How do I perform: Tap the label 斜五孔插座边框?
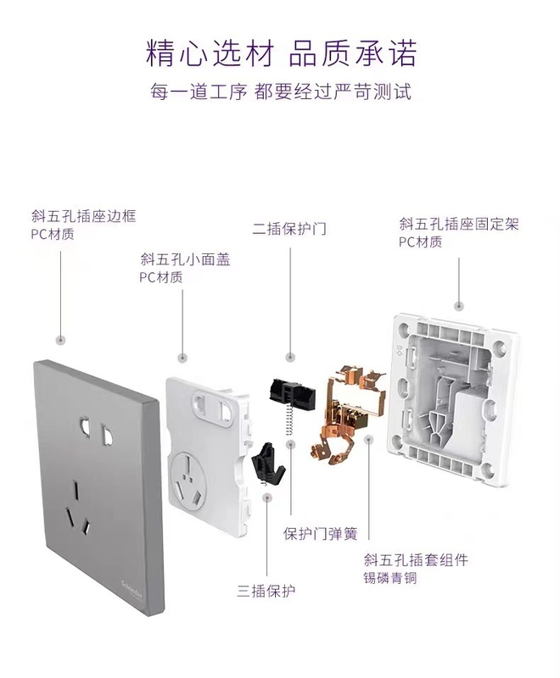[x=82, y=217]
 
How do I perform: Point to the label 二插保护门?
[x=289, y=229]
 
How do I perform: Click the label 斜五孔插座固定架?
[x=459, y=225]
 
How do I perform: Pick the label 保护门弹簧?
[x=320, y=534]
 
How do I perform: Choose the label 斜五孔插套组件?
[x=416, y=560]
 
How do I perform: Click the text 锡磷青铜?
[x=390, y=580]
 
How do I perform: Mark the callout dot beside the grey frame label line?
[x=59, y=340]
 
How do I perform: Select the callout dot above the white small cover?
[x=182, y=358]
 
